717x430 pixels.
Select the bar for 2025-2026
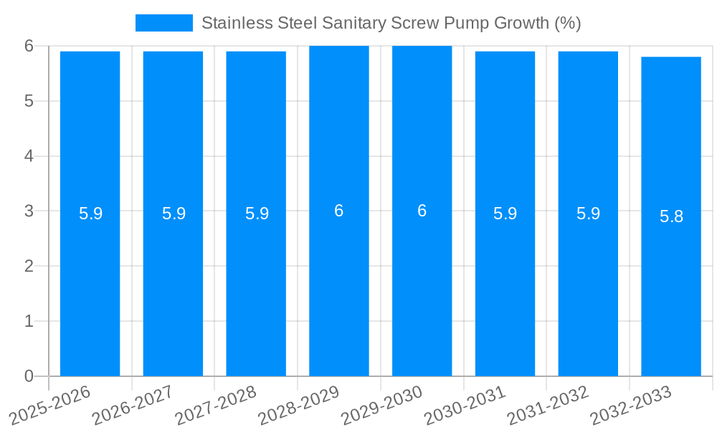[90, 287]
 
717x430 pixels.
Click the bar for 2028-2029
[339, 287]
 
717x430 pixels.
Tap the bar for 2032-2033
[671, 287]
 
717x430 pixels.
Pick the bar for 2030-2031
[505, 287]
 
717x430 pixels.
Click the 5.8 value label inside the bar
[671, 216]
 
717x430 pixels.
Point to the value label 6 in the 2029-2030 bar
[422, 211]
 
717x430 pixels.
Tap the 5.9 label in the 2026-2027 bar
[174, 214]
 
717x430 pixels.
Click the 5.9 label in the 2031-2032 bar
[588, 214]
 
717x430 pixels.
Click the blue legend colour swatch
[163, 23]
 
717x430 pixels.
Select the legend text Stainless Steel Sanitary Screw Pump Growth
[391, 23]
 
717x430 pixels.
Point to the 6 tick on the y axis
[29, 46]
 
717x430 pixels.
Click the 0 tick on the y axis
[29, 376]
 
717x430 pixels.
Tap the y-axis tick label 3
[29, 211]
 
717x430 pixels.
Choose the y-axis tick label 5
[29, 101]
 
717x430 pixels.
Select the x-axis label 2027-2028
[217, 405]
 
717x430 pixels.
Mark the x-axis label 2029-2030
[382, 405]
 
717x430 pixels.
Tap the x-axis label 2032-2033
[631, 405]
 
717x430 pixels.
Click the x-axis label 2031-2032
[549, 405]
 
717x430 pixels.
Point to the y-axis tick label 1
[29, 321]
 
